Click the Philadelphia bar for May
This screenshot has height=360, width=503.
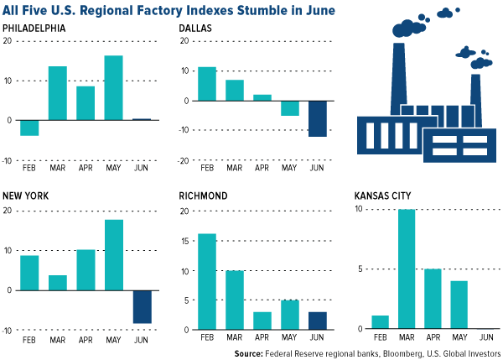[137, 88]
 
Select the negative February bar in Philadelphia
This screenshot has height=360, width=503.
[30, 128]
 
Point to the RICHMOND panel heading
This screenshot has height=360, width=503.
[204, 196]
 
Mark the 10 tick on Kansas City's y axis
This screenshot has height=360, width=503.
[358, 209]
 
